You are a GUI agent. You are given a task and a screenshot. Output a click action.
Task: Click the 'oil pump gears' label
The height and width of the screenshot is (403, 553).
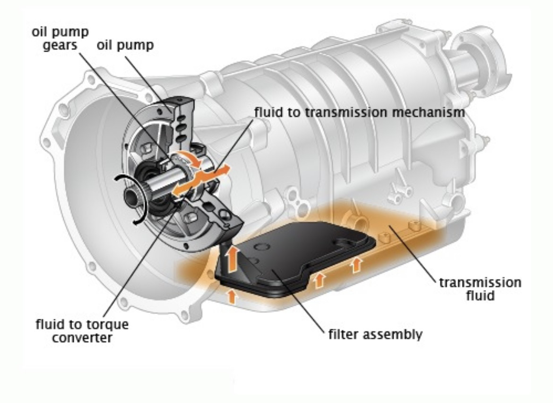tap(60, 38)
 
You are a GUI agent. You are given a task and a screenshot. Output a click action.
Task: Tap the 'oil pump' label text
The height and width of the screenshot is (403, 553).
tap(125, 45)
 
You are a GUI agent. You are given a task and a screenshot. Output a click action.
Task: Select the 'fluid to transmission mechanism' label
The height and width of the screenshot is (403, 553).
tap(359, 112)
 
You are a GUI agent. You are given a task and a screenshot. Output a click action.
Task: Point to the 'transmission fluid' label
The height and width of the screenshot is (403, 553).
tap(480, 289)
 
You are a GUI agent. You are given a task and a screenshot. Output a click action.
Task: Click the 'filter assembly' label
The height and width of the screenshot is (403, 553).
tap(375, 334)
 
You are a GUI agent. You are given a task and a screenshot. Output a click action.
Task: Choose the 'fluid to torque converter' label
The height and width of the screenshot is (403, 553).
tap(82, 330)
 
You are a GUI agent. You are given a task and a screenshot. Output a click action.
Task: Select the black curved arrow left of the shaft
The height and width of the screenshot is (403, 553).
tap(130, 199)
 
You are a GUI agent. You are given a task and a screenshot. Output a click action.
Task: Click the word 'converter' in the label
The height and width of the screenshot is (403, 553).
tap(82, 337)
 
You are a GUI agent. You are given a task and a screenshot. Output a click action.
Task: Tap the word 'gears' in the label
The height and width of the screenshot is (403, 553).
tap(60, 45)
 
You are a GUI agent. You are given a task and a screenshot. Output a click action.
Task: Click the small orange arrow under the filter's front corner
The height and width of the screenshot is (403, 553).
tap(232, 296)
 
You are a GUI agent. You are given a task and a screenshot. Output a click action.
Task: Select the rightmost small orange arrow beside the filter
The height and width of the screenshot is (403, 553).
tap(357, 265)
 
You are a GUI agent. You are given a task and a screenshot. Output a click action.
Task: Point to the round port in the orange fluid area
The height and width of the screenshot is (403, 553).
tap(356, 221)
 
